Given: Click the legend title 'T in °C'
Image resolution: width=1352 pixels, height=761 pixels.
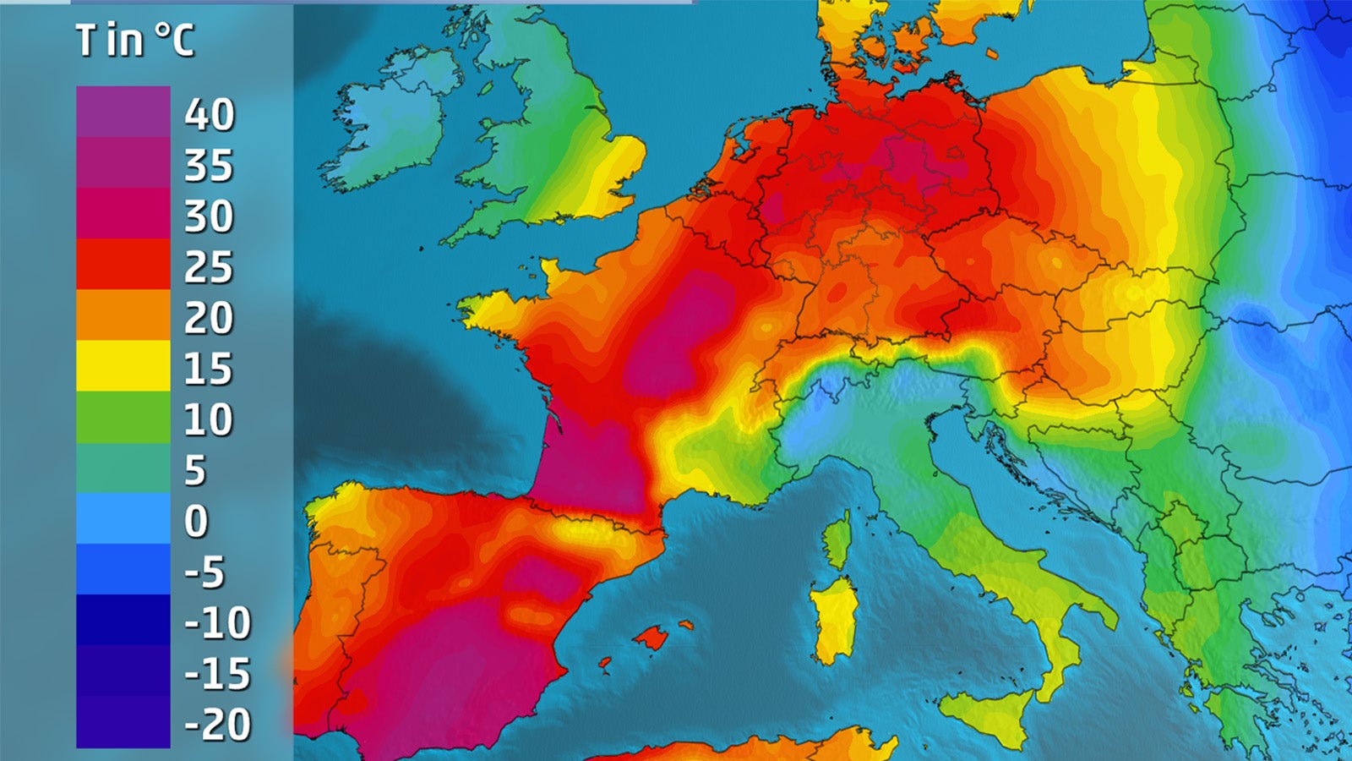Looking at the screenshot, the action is [x=135, y=40].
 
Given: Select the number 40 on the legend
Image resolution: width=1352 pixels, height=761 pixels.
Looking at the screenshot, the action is [x=210, y=114].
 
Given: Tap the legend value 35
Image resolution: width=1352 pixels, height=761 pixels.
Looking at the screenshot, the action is [x=209, y=165].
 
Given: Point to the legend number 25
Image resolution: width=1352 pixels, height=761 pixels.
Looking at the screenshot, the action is [x=209, y=267].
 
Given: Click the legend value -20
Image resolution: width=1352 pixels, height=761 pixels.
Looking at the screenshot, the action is [x=218, y=725].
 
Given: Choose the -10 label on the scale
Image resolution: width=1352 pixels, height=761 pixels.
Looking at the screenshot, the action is [x=218, y=623].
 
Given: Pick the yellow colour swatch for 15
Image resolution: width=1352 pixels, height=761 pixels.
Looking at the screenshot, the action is [x=123, y=365].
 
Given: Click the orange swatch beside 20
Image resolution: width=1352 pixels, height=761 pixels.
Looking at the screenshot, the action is [x=123, y=315].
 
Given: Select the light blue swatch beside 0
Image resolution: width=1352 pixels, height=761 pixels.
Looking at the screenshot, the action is [x=123, y=518].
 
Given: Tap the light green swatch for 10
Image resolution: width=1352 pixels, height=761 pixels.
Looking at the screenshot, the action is [x=123, y=417].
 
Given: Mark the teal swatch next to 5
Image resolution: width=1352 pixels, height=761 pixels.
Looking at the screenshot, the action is [x=123, y=468].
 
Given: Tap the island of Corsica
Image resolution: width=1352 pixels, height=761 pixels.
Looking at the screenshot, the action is [x=837, y=541].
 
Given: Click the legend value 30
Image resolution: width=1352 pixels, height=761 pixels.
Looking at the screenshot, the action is [x=209, y=216].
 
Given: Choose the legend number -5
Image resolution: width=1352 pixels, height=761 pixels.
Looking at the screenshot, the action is [x=205, y=572].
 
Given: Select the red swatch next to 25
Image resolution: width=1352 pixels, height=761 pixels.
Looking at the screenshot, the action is [x=123, y=264].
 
